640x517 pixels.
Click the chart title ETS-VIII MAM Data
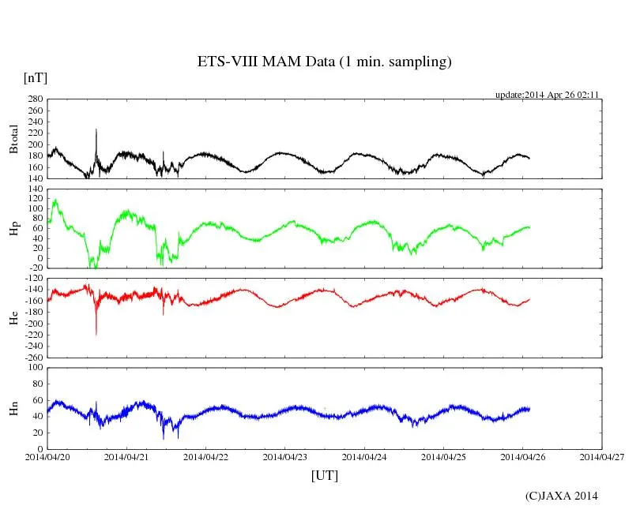coord(324,62)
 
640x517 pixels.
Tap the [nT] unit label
coord(36,77)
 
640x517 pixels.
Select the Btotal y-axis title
coord(13,138)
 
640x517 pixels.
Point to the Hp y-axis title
coord(13,229)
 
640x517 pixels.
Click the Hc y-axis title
coord(13,317)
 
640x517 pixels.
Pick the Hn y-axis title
coord(13,407)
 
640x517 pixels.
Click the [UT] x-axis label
coord(325,475)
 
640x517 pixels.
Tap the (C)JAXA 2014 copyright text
coord(562,496)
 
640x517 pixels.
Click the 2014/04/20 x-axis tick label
coord(47,456)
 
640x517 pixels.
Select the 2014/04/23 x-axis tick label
coord(285,456)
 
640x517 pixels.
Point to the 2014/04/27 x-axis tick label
coord(602,456)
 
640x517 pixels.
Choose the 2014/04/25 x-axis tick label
coord(443,456)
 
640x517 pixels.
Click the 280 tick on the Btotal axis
coord(35,99)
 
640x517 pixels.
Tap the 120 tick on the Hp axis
coord(35,189)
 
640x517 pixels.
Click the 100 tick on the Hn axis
coord(35,368)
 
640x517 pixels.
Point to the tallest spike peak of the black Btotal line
coord(96,129)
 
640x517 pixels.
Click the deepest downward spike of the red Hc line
coord(96,335)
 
